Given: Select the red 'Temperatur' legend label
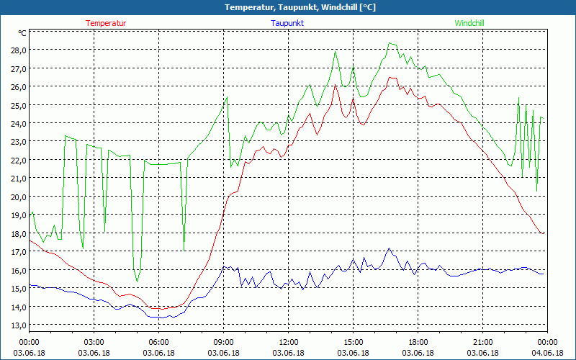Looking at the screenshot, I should pos(106,23).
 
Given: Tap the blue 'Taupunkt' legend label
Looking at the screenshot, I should pos(287,23).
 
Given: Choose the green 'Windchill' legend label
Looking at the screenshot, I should pos(469,23).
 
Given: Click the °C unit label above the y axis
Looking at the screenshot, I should pos(22,33).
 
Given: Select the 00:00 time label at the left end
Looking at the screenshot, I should pos(29,342).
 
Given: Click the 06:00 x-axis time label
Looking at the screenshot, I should pos(158,342).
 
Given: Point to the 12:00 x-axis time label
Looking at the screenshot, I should pos(289,342).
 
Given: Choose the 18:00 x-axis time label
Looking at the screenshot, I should pos(418,342).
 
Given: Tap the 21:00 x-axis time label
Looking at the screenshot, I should pos(482,342).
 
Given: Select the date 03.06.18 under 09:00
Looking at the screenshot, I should pos(223,353).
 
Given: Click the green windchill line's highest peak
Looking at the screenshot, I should pos(390,43).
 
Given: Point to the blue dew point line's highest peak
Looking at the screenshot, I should pos(389,248).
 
